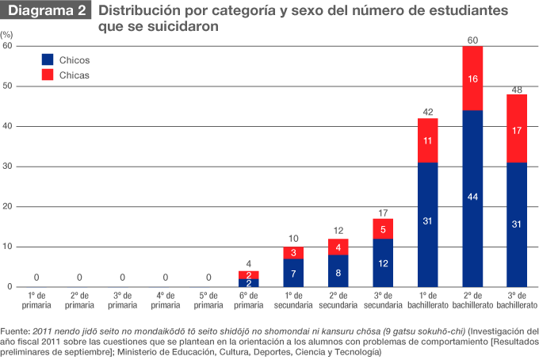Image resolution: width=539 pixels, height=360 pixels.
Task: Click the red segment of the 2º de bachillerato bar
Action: (472, 78)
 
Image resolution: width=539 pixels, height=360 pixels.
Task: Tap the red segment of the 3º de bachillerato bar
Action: (517, 128)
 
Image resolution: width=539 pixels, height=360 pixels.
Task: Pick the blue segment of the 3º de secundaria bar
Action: (383, 262)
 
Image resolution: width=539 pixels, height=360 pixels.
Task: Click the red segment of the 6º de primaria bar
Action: (249, 274)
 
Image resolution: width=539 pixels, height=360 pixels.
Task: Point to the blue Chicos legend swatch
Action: (47, 59)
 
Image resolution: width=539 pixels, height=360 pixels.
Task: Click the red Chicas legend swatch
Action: (47, 75)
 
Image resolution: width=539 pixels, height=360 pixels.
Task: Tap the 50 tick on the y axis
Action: (8, 86)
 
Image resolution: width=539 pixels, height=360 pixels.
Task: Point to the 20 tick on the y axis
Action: (8, 207)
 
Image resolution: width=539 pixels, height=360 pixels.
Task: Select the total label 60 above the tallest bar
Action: (472, 40)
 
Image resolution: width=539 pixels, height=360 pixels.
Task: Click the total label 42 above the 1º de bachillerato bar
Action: (427, 112)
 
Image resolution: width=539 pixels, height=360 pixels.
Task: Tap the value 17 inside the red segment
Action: (517, 129)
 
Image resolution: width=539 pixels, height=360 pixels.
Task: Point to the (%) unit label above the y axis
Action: (7, 36)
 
